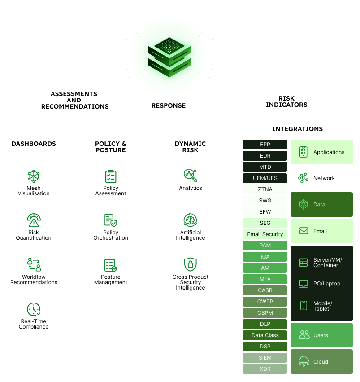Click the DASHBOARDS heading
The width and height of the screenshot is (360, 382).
(x=34, y=144)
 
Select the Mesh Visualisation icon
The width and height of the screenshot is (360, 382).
(x=34, y=176)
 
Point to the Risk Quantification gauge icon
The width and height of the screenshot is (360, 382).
(x=34, y=220)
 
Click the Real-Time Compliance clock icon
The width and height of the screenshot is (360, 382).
(x=34, y=309)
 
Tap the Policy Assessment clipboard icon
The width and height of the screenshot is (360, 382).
(x=111, y=176)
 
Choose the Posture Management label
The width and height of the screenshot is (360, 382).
(x=111, y=280)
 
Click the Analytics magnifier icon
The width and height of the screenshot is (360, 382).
(x=191, y=176)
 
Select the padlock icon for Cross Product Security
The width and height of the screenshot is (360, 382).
(x=191, y=264)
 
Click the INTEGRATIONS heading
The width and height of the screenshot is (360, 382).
(x=297, y=129)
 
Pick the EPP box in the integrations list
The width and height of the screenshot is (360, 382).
(x=265, y=145)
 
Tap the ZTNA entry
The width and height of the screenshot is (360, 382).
(x=265, y=189)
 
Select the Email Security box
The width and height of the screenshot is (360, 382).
(x=265, y=234)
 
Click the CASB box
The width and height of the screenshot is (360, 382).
(x=265, y=290)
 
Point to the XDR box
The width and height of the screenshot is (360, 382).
(x=265, y=369)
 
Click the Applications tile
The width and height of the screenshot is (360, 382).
(x=321, y=152)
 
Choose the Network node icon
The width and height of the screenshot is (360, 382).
(x=304, y=178)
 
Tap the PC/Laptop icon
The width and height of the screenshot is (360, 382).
(x=304, y=284)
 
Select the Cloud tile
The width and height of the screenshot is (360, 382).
(x=321, y=362)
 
